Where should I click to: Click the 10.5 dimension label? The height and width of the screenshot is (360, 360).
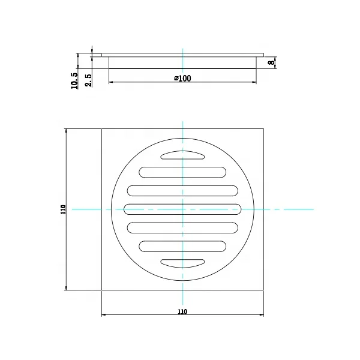pyautogui.click(x=74, y=80)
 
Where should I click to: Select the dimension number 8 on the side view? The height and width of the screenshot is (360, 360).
pyautogui.click(x=271, y=62)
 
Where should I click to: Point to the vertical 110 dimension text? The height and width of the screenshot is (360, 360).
pyautogui.click(x=62, y=209)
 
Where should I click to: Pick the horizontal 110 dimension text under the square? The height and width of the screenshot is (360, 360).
pyautogui.click(x=182, y=311)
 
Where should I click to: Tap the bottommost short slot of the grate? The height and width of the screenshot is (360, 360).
pyautogui.click(x=182, y=263)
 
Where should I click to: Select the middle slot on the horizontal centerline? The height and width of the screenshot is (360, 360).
pyautogui.click(x=182, y=209)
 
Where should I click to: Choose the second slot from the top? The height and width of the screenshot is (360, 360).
pyautogui.click(x=182, y=172)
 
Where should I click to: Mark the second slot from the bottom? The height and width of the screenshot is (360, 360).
pyautogui.click(x=182, y=246)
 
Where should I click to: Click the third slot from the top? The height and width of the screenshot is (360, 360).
pyautogui.click(x=182, y=190)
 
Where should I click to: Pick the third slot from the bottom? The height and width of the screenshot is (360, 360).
pyautogui.click(x=182, y=227)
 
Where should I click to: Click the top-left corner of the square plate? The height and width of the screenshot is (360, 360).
pyautogui.click(x=102, y=128)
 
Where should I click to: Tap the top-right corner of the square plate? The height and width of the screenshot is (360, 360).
pyautogui.click(x=263, y=128)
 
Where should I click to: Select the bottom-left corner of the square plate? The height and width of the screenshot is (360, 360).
pyautogui.click(x=102, y=290)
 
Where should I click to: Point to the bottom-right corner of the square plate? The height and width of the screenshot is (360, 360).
pyautogui.click(x=263, y=290)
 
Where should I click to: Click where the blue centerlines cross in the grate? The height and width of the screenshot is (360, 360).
pyautogui.click(x=182, y=209)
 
